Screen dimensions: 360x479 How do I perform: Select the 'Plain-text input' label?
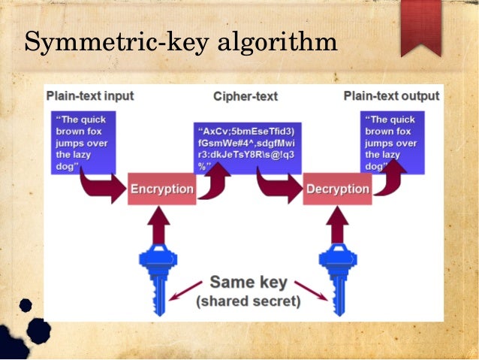[x=90, y=96]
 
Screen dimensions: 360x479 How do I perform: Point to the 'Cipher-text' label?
[x=246, y=97]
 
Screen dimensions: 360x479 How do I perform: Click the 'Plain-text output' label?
[x=391, y=96]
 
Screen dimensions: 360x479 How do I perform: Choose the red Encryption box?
[x=161, y=189]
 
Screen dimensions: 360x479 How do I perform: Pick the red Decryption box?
[x=337, y=189]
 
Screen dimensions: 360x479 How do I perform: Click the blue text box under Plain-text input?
[x=81, y=142]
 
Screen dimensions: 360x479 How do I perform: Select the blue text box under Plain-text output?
[x=392, y=142]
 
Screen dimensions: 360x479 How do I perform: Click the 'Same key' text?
[x=249, y=283]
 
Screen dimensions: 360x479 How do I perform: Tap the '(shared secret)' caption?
[x=248, y=302]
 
